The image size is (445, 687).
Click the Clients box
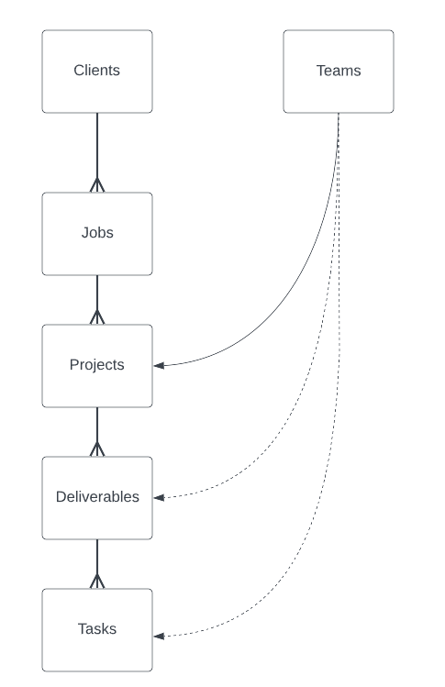click(97, 72)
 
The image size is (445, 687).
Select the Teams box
click(339, 72)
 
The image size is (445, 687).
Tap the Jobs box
click(97, 234)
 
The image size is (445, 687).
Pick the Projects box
click(97, 366)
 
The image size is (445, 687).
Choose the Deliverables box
click(97, 498)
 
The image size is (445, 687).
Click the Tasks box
click(97, 630)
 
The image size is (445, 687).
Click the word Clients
click(97, 70)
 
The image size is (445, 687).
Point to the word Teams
click(339, 71)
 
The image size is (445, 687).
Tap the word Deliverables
click(97, 496)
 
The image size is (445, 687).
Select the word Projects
click(97, 364)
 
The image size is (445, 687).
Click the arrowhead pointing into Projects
click(159, 365)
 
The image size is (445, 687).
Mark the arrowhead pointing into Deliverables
click(159, 498)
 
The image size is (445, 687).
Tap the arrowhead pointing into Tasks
click(159, 637)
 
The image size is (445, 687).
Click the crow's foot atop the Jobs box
click(97, 185)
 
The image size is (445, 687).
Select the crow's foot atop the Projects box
click(97, 317)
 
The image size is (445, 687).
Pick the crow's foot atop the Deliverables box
click(97, 449)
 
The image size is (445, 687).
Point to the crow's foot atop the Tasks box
click(97, 582)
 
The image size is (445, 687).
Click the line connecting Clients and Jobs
click(97, 152)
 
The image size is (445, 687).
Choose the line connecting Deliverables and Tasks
click(97, 564)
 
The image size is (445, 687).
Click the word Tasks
click(97, 628)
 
